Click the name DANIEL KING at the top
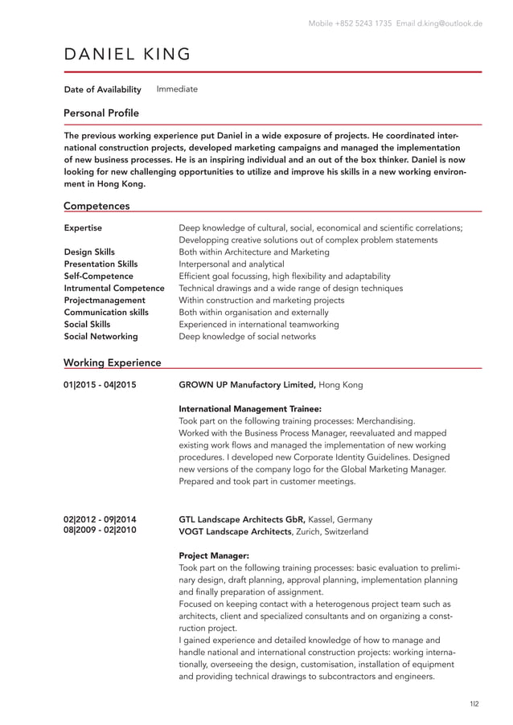click(x=127, y=55)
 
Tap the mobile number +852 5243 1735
click(x=362, y=23)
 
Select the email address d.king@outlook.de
click(x=449, y=23)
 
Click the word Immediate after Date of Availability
click(x=177, y=89)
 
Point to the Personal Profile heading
click(x=101, y=113)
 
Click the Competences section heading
click(x=96, y=206)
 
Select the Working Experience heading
click(x=112, y=362)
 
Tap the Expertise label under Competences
click(x=83, y=228)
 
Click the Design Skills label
click(x=89, y=252)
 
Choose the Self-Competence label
click(x=98, y=276)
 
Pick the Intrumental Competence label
click(x=114, y=288)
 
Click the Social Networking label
click(x=101, y=336)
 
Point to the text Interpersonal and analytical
click(x=232, y=264)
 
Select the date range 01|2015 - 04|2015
click(x=100, y=385)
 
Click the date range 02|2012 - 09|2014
click(x=100, y=519)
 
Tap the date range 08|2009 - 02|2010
click(x=100, y=531)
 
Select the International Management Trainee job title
click(x=250, y=408)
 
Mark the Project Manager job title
click(x=214, y=555)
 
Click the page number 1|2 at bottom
click(x=474, y=704)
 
